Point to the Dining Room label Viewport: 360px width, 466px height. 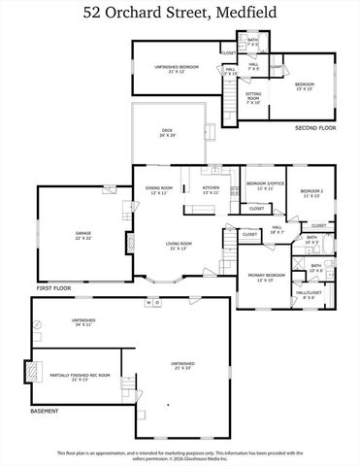click(158, 189)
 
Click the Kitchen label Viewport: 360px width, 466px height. click(211, 189)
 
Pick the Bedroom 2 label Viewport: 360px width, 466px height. click(311, 192)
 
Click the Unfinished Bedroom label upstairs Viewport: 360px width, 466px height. click(176, 68)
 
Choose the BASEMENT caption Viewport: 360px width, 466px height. click(46, 412)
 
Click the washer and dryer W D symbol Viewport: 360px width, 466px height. click(152, 302)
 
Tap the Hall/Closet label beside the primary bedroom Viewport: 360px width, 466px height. click(308, 294)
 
